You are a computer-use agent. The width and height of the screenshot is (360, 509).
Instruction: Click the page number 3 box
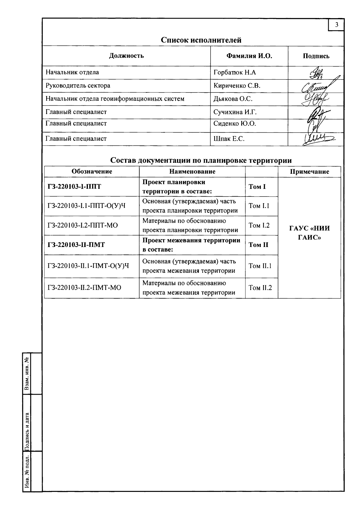pyautogui.click(x=336, y=25)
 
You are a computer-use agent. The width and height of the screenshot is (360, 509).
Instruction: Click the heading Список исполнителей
pyautogui.click(x=201, y=40)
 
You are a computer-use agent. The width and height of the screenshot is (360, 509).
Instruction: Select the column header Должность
pyautogui.click(x=126, y=56)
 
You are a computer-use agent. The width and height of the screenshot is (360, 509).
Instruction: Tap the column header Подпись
pyautogui.click(x=316, y=56)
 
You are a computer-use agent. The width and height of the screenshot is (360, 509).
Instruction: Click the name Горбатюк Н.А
pyautogui.click(x=235, y=73)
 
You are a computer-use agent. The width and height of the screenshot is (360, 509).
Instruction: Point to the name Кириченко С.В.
pyautogui.click(x=237, y=86)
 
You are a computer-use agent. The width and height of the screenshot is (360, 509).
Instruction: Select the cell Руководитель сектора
pyautogui.click(x=78, y=86)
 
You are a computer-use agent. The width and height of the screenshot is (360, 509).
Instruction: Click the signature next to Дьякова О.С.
pyautogui.click(x=315, y=99)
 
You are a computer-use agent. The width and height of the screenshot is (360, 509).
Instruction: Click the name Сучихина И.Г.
pyautogui.click(x=235, y=112)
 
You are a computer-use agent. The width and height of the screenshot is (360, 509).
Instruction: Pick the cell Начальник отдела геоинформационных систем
pyautogui.click(x=115, y=99)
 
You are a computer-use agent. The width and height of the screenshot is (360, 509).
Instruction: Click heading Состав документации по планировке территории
pyautogui.click(x=201, y=160)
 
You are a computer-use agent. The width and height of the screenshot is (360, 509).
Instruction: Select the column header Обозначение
pyautogui.click(x=92, y=171)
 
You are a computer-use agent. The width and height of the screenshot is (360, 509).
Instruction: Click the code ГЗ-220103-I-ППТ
pyautogui.click(x=74, y=187)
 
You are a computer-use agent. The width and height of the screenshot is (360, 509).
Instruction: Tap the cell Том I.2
pyautogui.click(x=259, y=225)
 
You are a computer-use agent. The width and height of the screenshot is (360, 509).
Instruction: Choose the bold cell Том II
pyautogui.click(x=258, y=245)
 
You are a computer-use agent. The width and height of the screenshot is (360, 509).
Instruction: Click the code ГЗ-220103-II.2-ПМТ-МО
pyautogui.click(x=84, y=288)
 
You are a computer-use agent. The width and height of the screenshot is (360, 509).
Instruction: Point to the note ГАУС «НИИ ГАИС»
pyautogui.click(x=309, y=233)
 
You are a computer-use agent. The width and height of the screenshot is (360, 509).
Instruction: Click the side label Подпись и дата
pyautogui.click(x=27, y=432)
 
